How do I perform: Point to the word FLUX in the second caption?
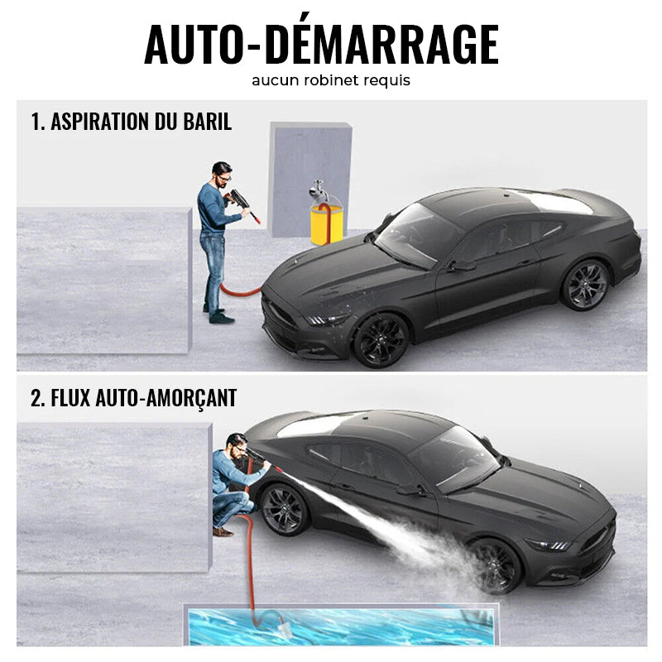[x=72, y=398]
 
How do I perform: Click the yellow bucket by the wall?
[x=326, y=226]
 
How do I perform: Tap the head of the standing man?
[x=221, y=173]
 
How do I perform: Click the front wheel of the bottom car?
[x=494, y=564]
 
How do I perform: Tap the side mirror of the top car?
[x=462, y=265]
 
